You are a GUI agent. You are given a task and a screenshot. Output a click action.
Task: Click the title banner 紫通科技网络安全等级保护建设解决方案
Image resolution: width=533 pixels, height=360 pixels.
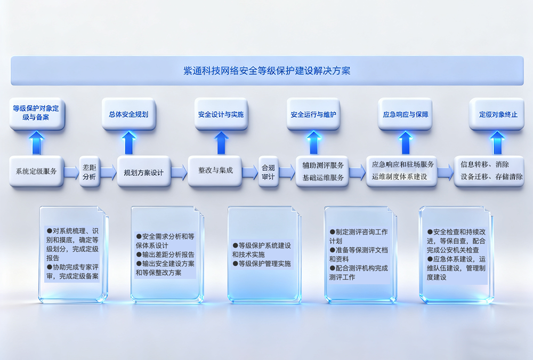point(267,70)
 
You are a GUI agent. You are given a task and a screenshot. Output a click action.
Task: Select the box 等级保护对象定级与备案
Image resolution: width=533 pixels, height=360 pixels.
point(37,114)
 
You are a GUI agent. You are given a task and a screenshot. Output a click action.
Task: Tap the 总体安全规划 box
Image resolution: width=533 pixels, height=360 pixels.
point(128,114)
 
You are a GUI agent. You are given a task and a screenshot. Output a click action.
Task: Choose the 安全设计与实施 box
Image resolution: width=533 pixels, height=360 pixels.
point(221,114)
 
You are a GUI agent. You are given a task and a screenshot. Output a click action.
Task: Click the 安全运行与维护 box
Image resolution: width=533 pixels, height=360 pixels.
point(313,114)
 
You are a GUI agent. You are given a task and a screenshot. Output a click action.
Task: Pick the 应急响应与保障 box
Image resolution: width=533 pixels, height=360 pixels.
point(405,114)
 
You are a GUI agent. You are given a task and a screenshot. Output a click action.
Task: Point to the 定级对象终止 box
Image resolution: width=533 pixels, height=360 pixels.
point(497,114)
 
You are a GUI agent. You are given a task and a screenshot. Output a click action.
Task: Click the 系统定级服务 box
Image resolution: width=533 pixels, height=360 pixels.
point(36,171)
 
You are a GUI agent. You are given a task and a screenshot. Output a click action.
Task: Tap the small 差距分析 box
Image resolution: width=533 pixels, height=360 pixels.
point(90,172)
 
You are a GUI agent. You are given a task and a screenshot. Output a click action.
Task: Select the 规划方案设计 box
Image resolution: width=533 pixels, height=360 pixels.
point(143,172)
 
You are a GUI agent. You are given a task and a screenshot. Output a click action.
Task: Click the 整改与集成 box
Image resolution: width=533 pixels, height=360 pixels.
point(215,171)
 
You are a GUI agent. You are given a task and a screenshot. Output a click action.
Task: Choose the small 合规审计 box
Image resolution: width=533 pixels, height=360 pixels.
point(268,172)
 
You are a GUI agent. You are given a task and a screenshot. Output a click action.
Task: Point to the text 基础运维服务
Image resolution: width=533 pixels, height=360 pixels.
point(323,178)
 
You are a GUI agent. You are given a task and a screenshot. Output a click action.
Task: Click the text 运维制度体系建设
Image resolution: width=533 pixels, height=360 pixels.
point(399,177)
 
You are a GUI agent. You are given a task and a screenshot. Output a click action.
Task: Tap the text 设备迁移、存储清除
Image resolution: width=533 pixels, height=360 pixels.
point(491,177)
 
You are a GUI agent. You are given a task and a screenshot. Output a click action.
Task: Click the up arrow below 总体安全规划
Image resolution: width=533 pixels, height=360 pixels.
point(128,143)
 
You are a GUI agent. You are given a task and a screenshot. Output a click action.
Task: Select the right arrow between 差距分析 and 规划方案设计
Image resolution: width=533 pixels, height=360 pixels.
point(108,172)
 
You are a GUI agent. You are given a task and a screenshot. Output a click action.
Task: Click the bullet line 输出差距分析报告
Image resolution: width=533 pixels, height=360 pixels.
point(165,254)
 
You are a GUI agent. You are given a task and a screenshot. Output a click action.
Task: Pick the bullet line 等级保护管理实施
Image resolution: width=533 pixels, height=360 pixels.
point(262,263)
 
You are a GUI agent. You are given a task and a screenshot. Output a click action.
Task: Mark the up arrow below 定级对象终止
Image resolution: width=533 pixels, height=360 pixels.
point(497,143)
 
